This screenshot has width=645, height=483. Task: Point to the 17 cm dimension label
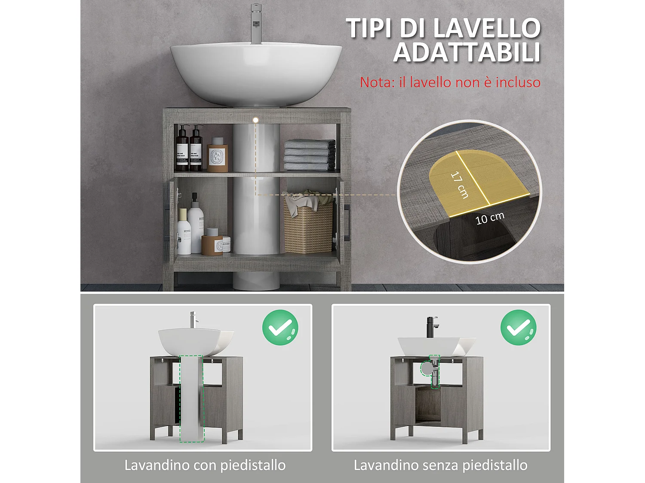click(459, 185)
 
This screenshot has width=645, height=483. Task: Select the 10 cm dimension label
click(490, 218)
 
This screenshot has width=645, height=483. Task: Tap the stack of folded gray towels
click(310, 155)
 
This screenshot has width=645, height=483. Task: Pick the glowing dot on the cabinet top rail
click(255, 120)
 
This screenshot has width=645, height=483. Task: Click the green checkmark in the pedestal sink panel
click(280, 328)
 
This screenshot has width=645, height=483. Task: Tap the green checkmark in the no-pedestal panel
click(519, 328)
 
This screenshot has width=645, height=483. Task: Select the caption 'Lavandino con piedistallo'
click(205, 465)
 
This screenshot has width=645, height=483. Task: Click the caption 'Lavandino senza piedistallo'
click(440, 465)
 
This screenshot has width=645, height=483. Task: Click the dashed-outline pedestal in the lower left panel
click(191, 397)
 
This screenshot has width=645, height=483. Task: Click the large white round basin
click(256, 73)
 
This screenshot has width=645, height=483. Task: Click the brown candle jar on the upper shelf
click(218, 157)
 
